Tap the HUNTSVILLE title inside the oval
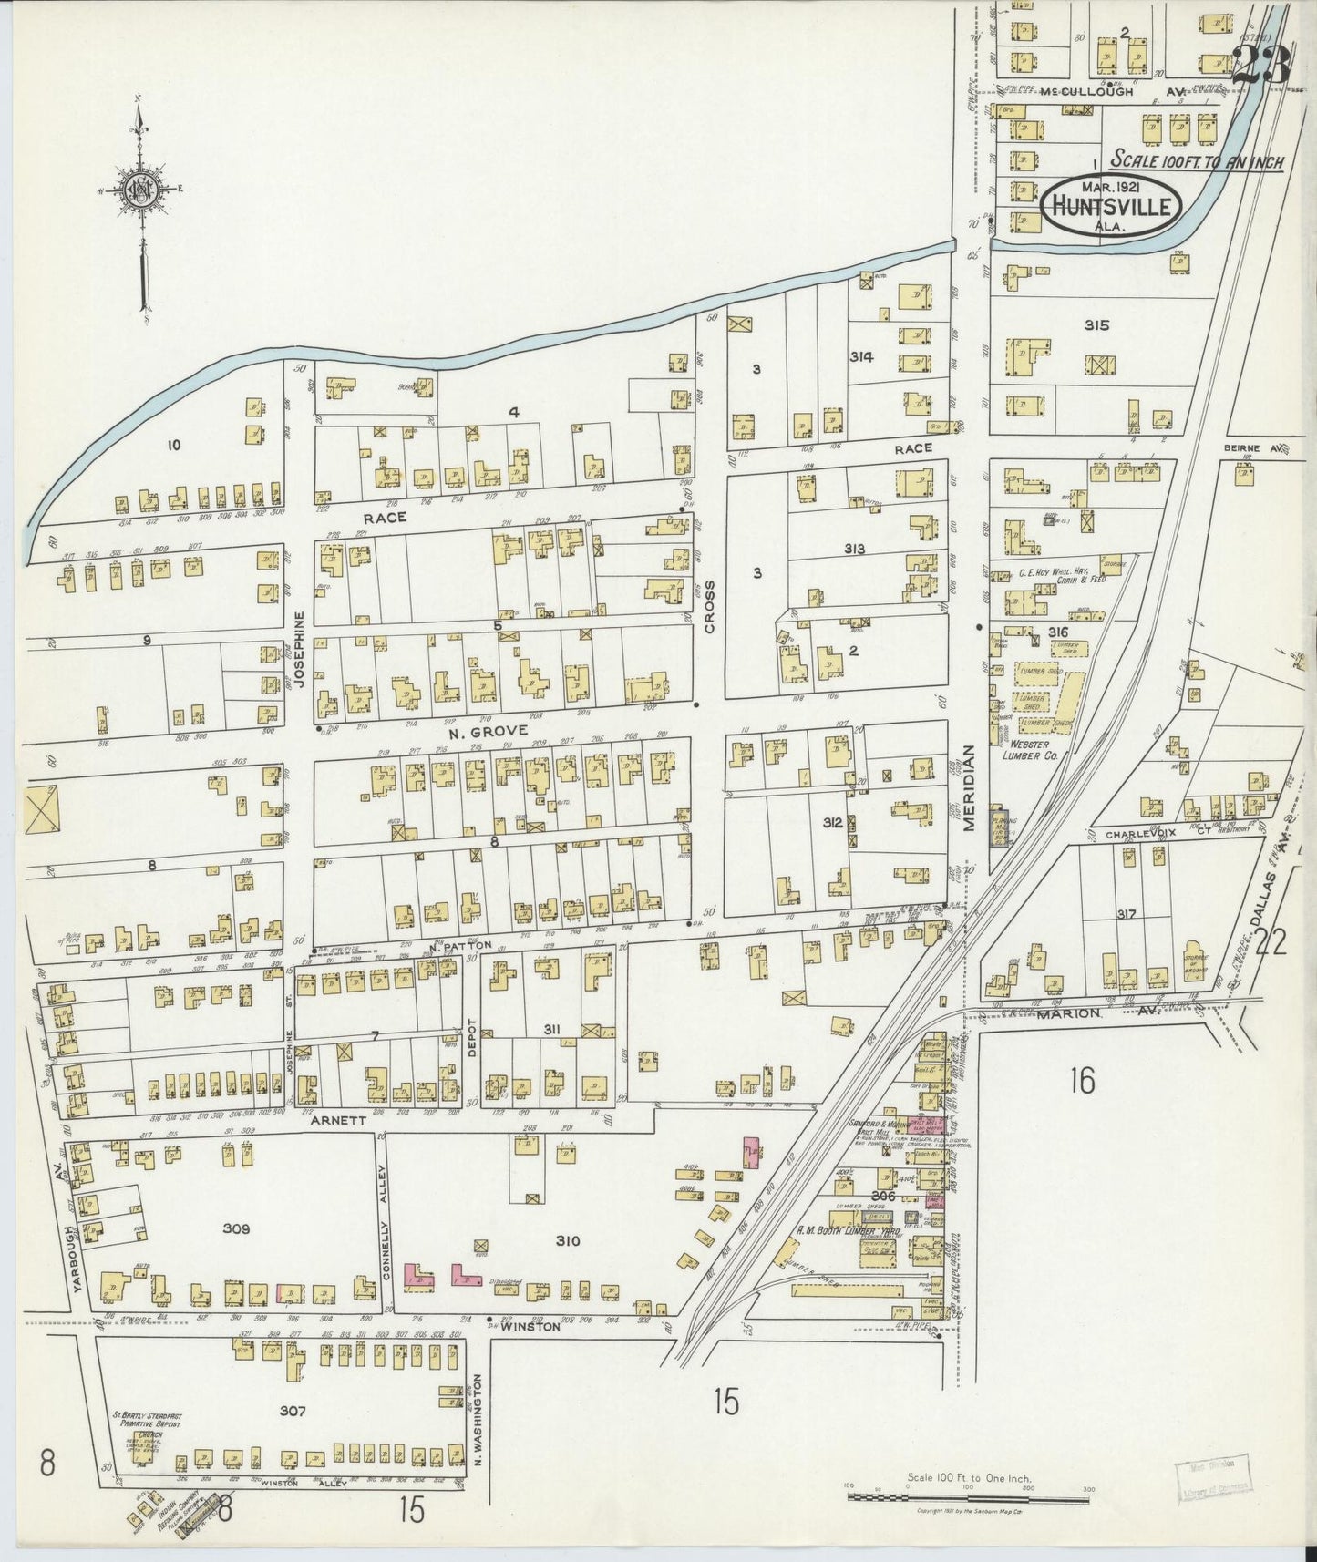click(1111, 206)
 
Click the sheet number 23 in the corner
click(1261, 65)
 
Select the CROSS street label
click(709, 608)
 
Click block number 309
click(236, 1228)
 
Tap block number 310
click(567, 1241)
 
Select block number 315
click(1096, 324)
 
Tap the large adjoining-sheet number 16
click(1083, 1082)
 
